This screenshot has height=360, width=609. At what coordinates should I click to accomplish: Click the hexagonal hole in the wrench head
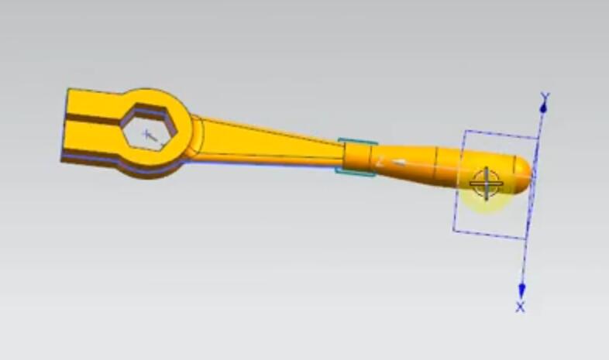[x=150, y=128]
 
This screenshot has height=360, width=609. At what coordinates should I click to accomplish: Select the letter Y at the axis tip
[x=545, y=97]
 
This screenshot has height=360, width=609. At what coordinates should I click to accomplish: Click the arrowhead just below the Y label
[x=544, y=107]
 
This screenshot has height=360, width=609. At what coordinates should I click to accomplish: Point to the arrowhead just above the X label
[x=522, y=289]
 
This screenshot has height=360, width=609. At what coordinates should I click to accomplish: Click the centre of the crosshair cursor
[x=487, y=183]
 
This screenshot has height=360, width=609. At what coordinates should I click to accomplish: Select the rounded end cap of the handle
[x=523, y=173]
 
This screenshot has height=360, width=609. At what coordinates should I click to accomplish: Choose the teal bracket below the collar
[x=356, y=172]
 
